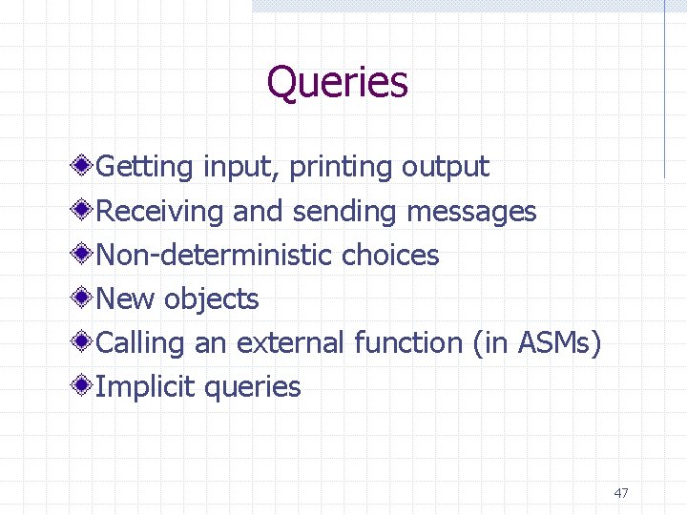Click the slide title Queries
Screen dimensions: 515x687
tap(337, 83)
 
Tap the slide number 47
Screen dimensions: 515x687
tap(621, 493)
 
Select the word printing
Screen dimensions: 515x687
tap(341, 168)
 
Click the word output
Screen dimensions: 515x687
tap(445, 168)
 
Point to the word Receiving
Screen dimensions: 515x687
tap(160, 212)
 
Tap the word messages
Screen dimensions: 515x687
tap(471, 212)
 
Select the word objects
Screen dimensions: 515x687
tap(211, 299)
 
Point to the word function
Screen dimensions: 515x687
tap(407, 342)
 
